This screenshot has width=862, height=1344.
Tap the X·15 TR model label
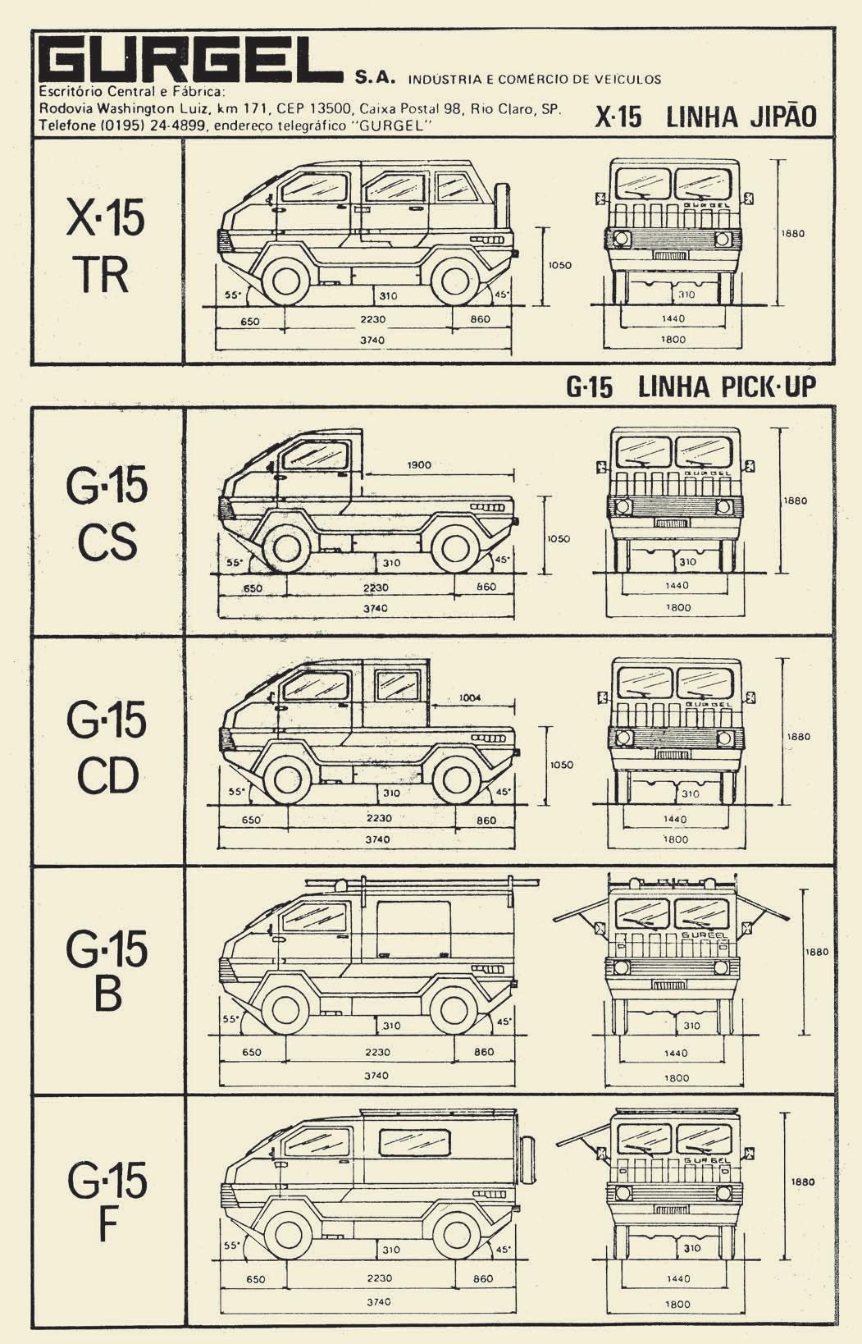(106, 247)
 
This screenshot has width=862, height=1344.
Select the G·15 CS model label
(107, 514)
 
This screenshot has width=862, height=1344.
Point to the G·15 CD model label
(107, 747)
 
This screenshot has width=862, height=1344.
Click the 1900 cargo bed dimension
(419, 465)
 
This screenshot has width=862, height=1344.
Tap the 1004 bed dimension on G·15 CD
(470, 697)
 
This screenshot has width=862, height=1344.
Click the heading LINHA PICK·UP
(727, 387)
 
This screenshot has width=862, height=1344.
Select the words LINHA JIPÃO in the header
(741, 117)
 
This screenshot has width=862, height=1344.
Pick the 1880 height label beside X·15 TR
(793, 233)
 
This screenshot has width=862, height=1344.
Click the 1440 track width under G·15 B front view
(676, 1053)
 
